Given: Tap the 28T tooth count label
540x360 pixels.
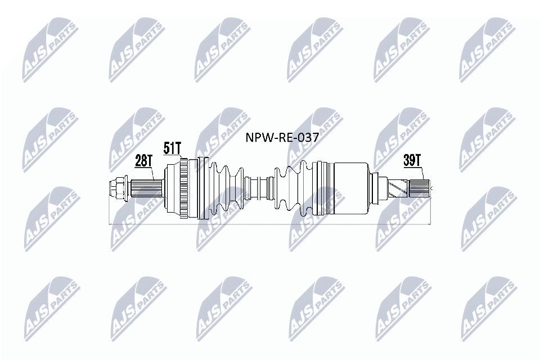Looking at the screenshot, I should pyautogui.click(x=143, y=162).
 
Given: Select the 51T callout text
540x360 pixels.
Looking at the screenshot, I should pyautogui.click(x=173, y=149).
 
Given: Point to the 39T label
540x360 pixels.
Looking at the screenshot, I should pyautogui.click(x=412, y=160).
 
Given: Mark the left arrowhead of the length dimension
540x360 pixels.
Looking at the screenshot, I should pyautogui.click(x=110, y=224).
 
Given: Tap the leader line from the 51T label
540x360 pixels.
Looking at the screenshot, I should pyautogui.click(x=180, y=160).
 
